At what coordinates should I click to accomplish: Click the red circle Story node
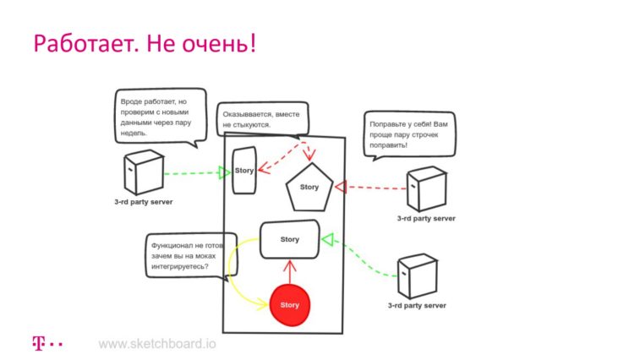coord(290,305)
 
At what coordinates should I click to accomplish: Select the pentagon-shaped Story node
coord(309,188)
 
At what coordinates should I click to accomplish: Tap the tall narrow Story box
coord(244,170)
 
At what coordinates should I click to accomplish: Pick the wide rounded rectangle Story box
coord(290,240)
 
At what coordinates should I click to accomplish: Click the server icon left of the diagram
coord(144,172)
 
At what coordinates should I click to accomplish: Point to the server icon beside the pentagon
coord(427,188)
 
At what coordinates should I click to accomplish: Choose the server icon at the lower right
coord(417,276)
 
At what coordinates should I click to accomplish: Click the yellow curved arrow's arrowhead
coord(262,304)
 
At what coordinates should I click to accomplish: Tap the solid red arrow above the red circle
coord(290,272)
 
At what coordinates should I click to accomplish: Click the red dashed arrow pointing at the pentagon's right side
coord(370,188)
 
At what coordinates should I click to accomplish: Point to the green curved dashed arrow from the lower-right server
coord(359,255)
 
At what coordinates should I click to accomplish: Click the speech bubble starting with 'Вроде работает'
coord(161,117)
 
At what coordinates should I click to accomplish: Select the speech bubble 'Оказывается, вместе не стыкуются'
coord(263,119)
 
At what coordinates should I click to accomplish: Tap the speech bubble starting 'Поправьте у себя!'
coord(409,134)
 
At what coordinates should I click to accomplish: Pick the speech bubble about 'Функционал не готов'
coord(191,256)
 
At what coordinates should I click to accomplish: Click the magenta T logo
coord(38,343)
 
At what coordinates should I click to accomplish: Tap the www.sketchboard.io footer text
coord(157,344)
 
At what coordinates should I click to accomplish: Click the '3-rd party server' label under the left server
coord(144,202)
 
